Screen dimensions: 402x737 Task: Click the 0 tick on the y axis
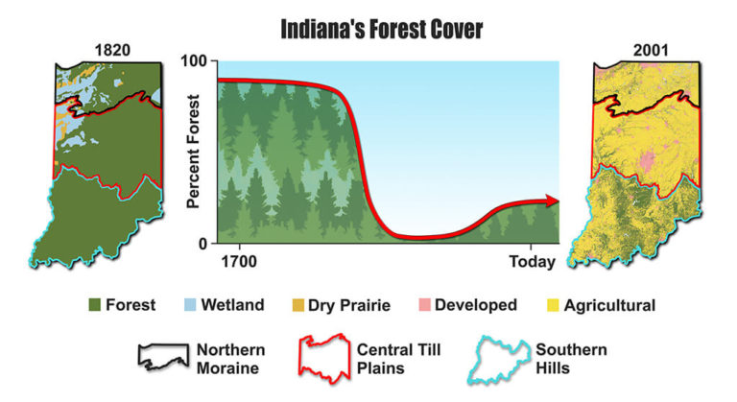point(202,244)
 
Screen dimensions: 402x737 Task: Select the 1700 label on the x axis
point(238,260)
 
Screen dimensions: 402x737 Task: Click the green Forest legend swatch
point(95,305)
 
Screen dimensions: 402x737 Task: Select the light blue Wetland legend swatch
point(189,305)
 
